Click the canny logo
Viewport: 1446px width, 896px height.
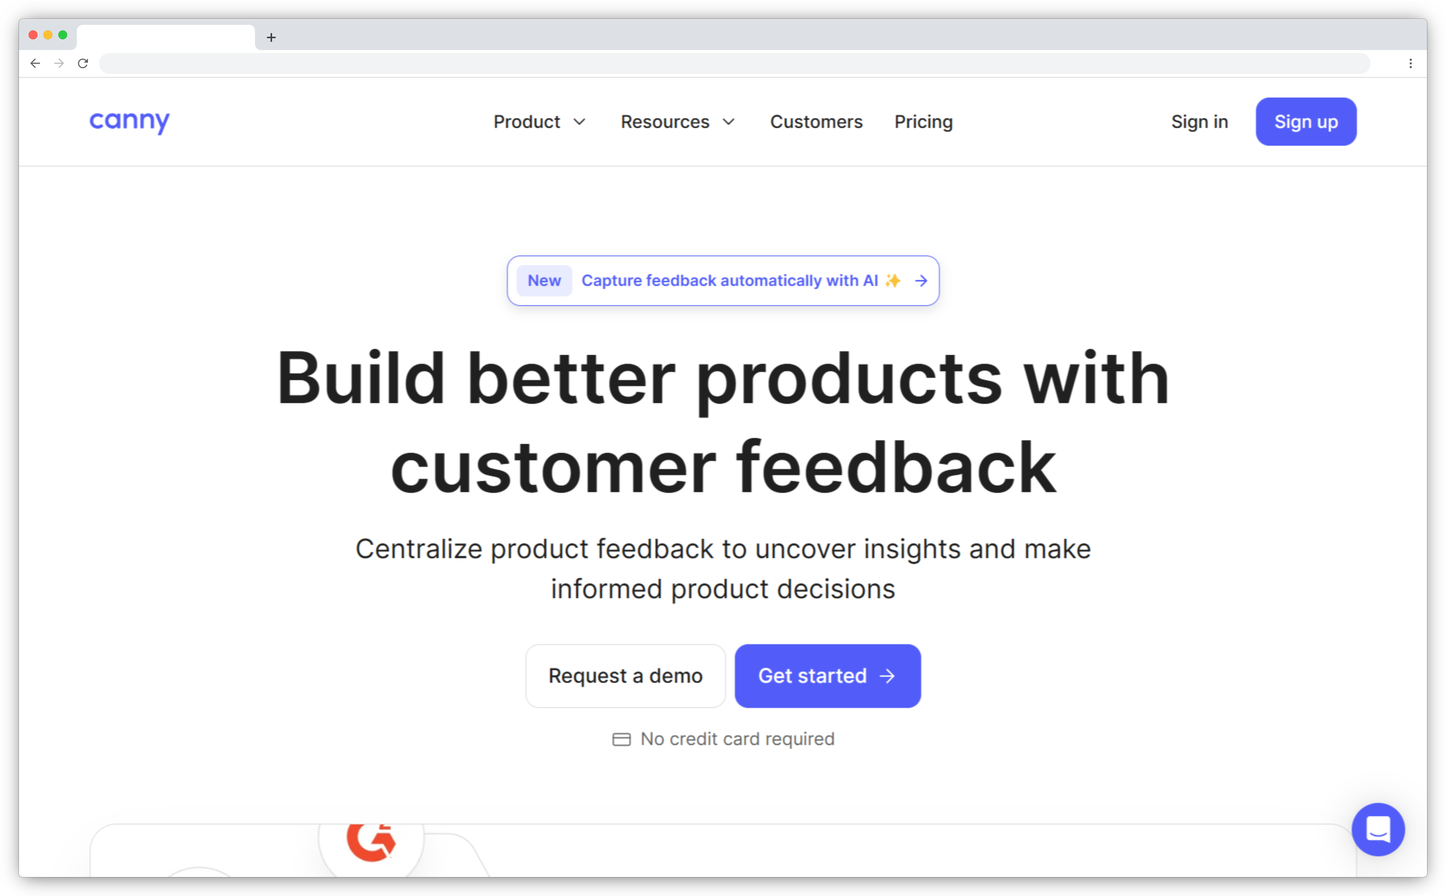click(129, 122)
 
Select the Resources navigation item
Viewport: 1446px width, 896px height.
click(677, 122)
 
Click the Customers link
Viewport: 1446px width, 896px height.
click(816, 122)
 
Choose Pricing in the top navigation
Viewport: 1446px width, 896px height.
click(923, 122)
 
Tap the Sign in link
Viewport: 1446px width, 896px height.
click(1199, 122)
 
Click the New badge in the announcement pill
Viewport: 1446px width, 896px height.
click(544, 280)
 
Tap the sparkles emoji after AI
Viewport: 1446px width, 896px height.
click(892, 280)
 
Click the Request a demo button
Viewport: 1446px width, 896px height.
click(625, 676)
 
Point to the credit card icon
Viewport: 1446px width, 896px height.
click(621, 739)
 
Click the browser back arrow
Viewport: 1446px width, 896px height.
click(35, 63)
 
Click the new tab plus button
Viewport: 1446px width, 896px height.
click(271, 37)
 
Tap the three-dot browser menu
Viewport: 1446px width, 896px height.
click(1410, 63)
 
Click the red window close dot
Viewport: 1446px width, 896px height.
click(33, 35)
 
